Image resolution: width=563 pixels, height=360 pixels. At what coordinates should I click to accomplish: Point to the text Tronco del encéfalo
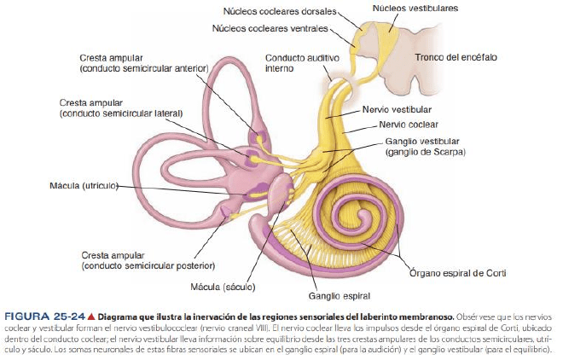(456, 57)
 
